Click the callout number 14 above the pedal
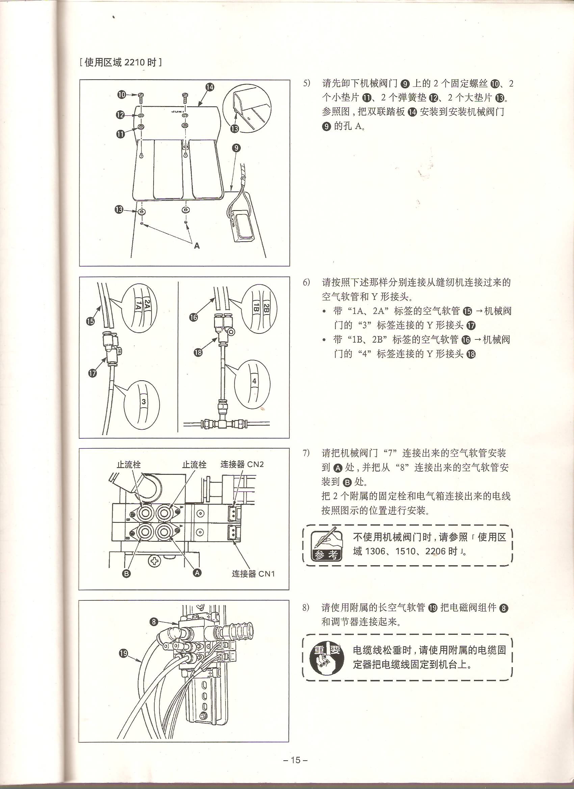click(210, 87)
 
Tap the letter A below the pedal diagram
click(197, 246)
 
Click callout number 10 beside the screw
click(122, 94)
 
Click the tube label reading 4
click(255, 381)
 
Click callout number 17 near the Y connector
click(92, 373)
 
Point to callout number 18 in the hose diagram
click(198, 352)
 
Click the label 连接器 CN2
click(242, 464)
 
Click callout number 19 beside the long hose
click(124, 653)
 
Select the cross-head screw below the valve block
click(154, 559)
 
